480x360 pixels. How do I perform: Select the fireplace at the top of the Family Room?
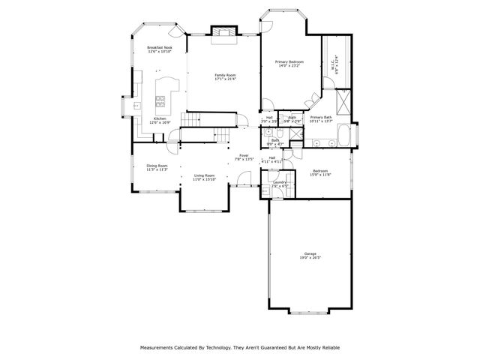click(223, 31)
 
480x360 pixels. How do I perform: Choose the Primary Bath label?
click(321, 117)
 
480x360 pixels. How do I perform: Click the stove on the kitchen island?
click(160, 99)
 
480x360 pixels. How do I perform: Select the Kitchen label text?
click(160, 118)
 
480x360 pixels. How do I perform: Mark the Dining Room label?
click(157, 166)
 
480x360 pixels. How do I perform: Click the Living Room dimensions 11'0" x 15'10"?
click(204, 180)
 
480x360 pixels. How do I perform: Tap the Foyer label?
click(244, 156)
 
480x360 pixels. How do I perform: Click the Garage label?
click(310, 253)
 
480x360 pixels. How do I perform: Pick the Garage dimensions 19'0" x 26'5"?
click(310, 258)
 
